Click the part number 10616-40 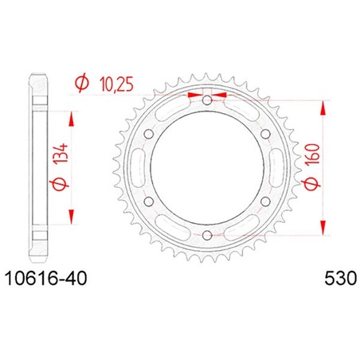(x=46, y=279)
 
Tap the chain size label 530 (x=341, y=279)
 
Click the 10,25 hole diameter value (x=116, y=84)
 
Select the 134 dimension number (x=61, y=154)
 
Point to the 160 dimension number (x=312, y=155)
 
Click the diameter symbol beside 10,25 (x=82, y=83)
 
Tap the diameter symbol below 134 (x=59, y=183)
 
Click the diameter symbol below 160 (x=311, y=184)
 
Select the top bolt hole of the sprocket (x=207, y=100)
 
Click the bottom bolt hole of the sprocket (x=207, y=235)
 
